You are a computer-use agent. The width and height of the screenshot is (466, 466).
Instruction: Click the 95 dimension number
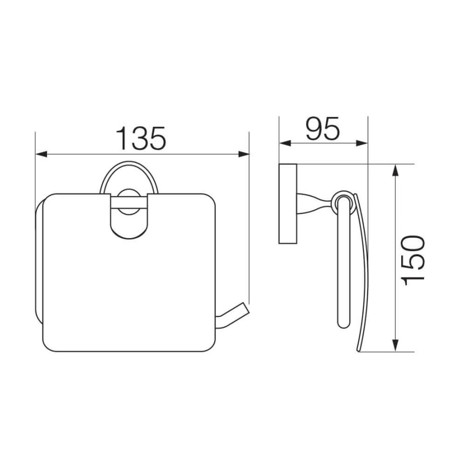pyautogui.click(x=323, y=128)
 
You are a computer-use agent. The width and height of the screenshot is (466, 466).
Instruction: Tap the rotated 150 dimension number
pyautogui.click(x=413, y=261)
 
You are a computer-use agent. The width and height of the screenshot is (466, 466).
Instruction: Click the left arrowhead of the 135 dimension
pyautogui.click(x=41, y=154)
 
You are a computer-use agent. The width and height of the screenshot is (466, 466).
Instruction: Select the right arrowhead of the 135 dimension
pyautogui.click(x=244, y=154)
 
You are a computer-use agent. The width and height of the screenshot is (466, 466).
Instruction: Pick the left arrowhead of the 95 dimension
pyautogui.click(x=285, y=143)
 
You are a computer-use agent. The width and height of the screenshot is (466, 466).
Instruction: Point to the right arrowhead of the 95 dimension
pyautogui.click(x=362, y=143)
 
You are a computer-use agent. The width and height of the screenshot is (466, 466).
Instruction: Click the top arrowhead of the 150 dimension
pyautogui.click(x=395, y=170)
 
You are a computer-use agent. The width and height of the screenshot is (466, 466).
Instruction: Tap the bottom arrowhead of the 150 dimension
pyautogui.click(x=395, y=346)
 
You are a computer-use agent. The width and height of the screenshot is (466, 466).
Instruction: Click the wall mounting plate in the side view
pyautogui.click(x=288, y=203)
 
